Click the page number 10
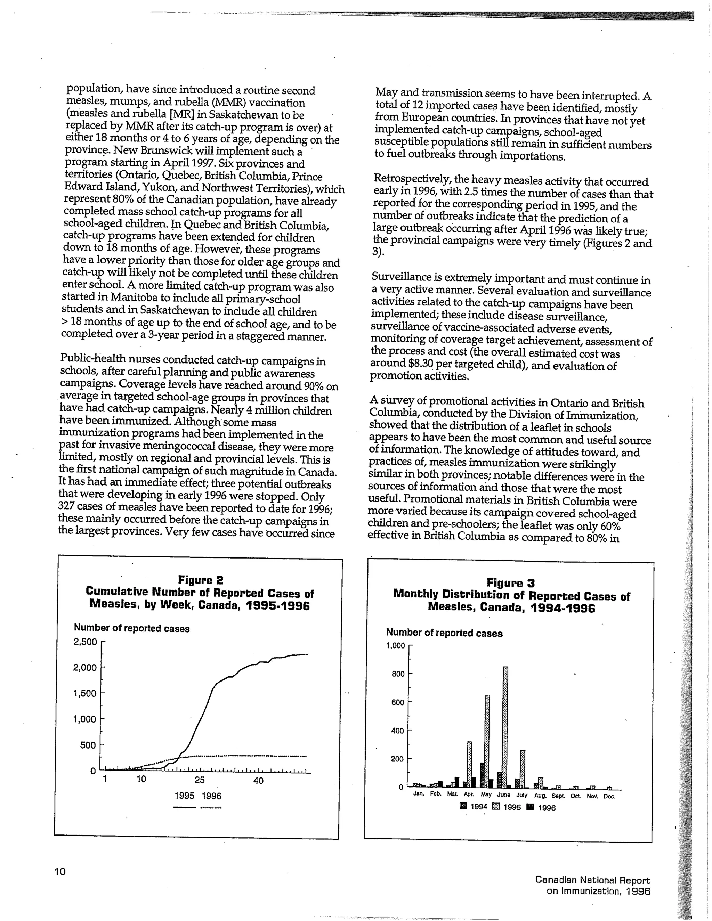[x=60, y=871]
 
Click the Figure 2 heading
[x=200, y=580]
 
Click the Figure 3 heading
[x=511, y=583]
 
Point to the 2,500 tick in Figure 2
[x=85, y=642]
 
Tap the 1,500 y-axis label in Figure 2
[x=85, y=693]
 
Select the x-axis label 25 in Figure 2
[x=200, y=780]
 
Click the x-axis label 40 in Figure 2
[x=259, y=781]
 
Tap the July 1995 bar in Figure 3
[x=523, y=769]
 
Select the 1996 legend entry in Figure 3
[x=542, y=808]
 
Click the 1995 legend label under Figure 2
[x=184, y=796]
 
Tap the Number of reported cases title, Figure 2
[x=132, y=628]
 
